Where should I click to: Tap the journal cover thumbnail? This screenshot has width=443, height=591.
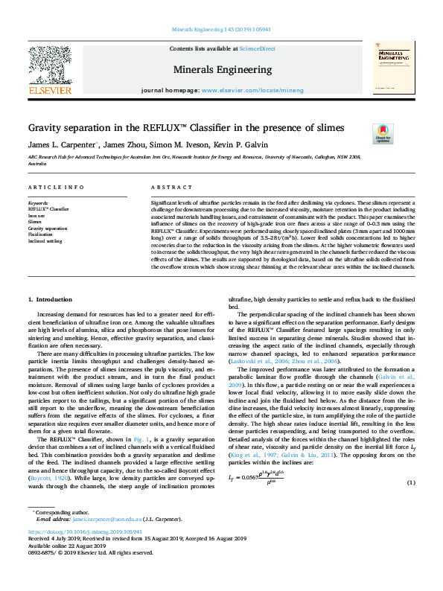[x=393, y=68]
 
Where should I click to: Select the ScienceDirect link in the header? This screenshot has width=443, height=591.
[x=257, y=48]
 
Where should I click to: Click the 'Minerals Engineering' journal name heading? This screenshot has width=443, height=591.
[x=222, y=69]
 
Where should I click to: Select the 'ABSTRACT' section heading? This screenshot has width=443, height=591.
[x=167, y=189]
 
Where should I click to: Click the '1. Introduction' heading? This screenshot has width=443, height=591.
[x=50, y=319]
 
